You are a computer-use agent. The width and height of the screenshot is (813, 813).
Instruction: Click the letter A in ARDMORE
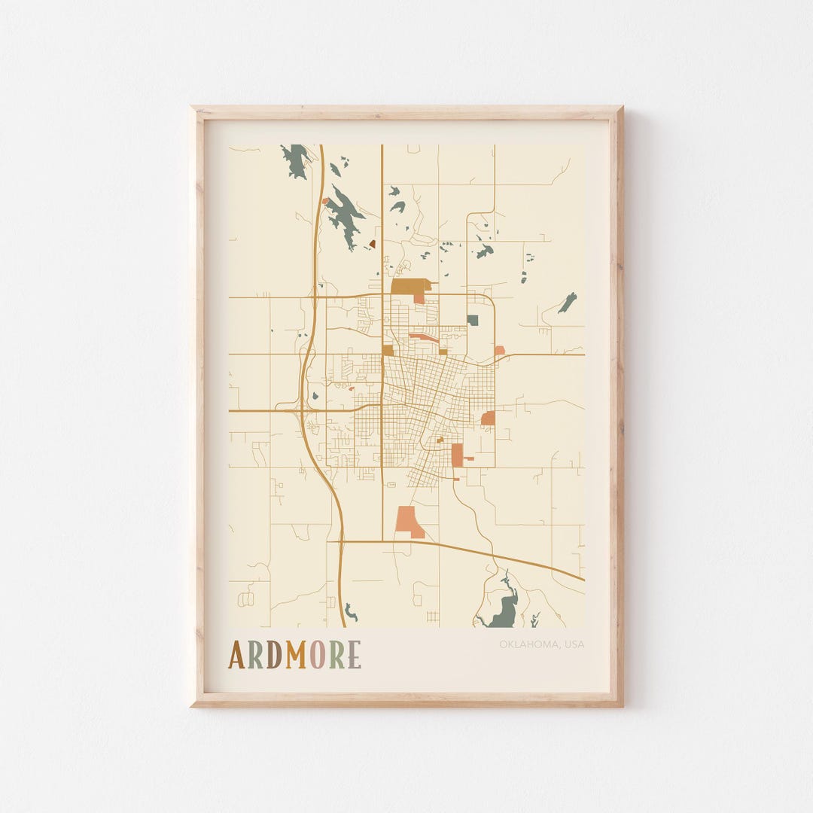click(x=236, y=655)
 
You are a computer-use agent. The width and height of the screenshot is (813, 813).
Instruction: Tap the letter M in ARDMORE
click(x=296, y=655)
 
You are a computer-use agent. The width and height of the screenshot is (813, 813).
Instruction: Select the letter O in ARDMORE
click(x=317, y=655)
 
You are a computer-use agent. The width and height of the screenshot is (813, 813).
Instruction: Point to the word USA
click(x=574, y=644)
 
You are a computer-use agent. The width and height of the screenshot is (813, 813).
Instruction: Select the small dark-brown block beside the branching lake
click(x=372, y=244)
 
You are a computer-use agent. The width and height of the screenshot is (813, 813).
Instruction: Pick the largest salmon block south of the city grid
click(x=408, y=521)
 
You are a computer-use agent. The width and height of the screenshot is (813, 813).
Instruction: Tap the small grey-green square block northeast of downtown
click(x=473, y=320)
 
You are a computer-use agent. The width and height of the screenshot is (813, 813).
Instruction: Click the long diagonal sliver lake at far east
click(x=568, y=303)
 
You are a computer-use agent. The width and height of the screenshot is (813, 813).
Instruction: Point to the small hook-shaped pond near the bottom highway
click(x=349, y=612)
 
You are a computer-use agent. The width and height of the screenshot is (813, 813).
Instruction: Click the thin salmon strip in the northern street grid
click(x=424, y=337)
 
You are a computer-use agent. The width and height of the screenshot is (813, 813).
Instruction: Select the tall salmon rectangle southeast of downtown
click(x=457, y=455)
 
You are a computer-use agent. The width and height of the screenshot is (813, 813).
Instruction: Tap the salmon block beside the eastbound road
click(x=499, y=350)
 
